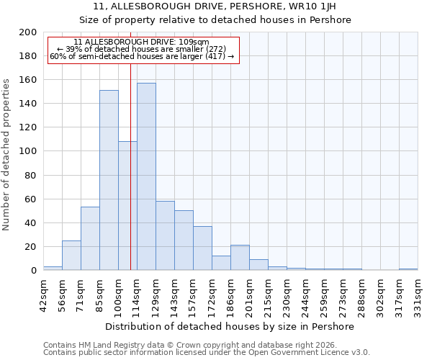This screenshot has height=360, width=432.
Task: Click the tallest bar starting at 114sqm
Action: tap(146, 176)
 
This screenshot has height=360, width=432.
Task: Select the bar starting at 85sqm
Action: tap(109, 180)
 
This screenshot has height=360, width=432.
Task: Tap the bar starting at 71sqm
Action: tap(90, 238)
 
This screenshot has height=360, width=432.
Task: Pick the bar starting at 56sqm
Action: tap(71, 255)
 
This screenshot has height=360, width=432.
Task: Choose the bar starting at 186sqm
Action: tap(240, 258)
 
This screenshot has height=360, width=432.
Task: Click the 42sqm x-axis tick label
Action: tap(44, 294)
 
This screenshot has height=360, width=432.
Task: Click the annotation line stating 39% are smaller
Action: tap(142, 49)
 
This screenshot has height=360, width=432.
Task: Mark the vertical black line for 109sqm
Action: tap(130, 166)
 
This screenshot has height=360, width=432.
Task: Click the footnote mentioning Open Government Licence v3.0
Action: tap(207, 353)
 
